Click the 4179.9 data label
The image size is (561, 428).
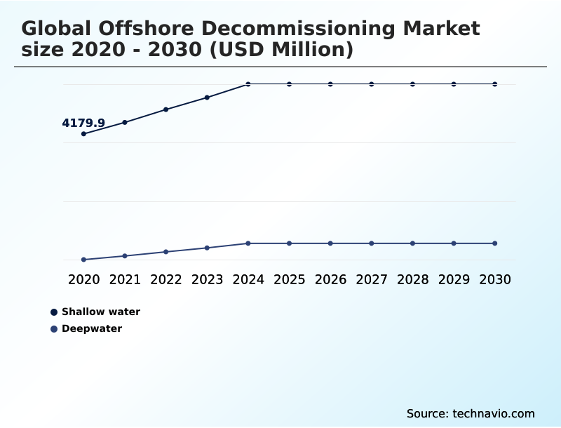[x=83, y=123]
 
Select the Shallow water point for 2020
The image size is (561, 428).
[x=84, y=133]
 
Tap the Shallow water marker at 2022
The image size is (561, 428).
[x=166, y=109]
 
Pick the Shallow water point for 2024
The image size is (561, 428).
[x=248, y=84]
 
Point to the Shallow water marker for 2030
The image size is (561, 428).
[x=495, y=84]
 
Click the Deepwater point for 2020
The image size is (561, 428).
[x=84, y=260]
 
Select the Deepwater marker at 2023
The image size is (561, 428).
[x=208, y=248]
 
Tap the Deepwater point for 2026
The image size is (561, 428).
[x=330, y=243]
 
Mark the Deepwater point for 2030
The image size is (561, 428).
[x=495, y=243]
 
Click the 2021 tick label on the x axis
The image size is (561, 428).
[x=125, y=279]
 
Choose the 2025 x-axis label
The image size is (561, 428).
[x=290, y=279]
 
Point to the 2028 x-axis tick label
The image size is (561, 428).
[x=412, y=279]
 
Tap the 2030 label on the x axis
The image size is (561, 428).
[x=495, y=279]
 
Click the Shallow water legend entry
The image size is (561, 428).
[x=101, y=312]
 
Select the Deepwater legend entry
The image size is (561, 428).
[x=92, y=328]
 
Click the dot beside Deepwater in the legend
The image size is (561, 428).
[x=54, y=328]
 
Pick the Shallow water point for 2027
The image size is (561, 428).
[x=372, y=84]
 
